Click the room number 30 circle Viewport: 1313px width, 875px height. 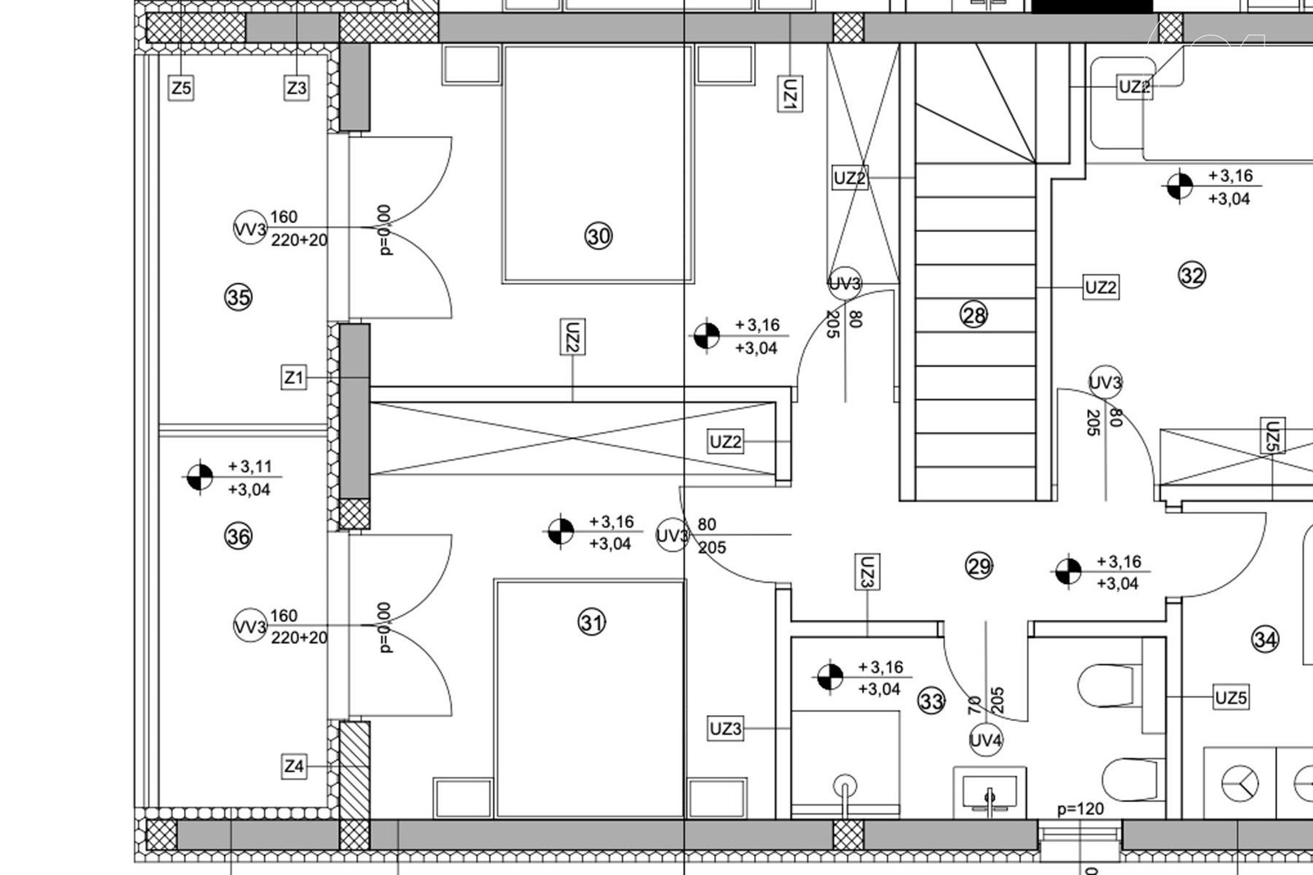(598, 237)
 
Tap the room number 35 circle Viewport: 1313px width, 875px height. (239, 298)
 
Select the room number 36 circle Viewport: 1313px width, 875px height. (239, 535)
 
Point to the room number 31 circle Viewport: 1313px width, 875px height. (592, 622)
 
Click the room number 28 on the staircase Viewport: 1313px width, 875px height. (973, 316)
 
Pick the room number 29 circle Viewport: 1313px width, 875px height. (979, 567)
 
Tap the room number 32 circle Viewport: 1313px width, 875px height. (1192, 275)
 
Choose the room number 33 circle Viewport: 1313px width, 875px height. (931, 701)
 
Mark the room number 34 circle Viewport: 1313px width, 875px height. (1265, 640)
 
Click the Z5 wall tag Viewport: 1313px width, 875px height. (181, 89)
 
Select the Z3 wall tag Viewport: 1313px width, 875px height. (296, 89)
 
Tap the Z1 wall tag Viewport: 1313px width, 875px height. (294, 378)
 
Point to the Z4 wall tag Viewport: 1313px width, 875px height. (294, 766)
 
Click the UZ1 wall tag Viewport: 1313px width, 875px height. (790, 93)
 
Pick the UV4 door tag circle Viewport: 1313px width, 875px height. (986, 741)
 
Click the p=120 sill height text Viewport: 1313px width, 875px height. (1080, 809)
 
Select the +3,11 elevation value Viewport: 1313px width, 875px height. (250, 466)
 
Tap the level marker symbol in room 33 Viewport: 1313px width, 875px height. (830, 677)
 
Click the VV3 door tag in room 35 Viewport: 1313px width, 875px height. (250, 228)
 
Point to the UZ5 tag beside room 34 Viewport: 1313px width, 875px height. (1231, 698)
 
